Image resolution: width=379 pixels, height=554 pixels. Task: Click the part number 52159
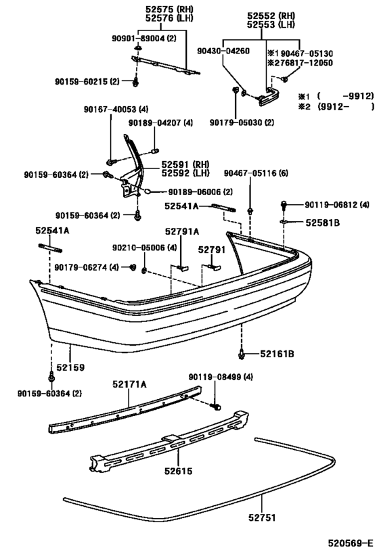70,368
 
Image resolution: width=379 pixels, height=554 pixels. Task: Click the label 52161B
275,353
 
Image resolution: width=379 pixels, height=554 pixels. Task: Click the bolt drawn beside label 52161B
242,353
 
